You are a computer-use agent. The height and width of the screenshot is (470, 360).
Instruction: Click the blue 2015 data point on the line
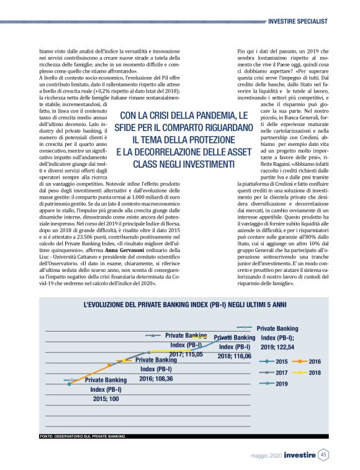pyautogui.click(x=69, y=384)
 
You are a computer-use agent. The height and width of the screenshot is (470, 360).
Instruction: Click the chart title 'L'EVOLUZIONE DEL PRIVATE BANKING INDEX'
pyautogui.click(x=185, y=305)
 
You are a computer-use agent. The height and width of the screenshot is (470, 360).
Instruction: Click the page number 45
pyautogui.click(x=324, y=455)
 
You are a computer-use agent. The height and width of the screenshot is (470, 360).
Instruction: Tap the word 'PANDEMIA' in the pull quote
pyautogui.click(x=207, y=116)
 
